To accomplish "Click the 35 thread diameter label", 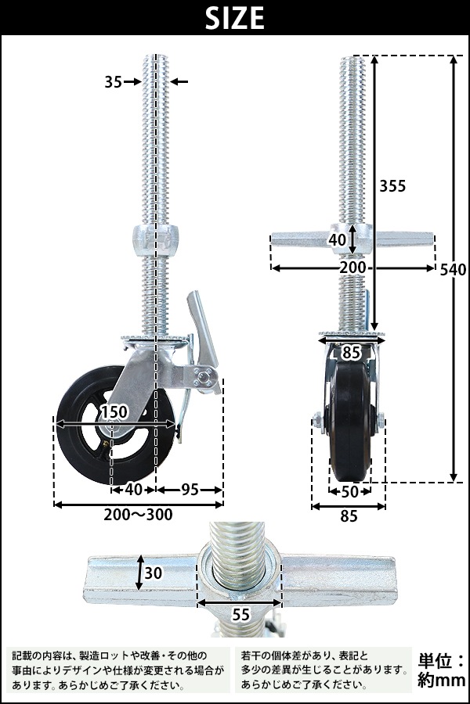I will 113,81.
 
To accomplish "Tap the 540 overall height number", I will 453,271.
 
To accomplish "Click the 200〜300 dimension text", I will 139,515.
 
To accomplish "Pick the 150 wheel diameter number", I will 114,412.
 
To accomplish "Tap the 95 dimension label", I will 189,490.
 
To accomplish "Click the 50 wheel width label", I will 349,491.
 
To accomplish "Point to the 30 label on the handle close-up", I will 154,573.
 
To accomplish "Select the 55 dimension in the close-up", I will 238,616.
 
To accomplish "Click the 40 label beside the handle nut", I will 337,240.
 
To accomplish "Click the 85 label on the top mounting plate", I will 350,353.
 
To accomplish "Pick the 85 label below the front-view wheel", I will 349,515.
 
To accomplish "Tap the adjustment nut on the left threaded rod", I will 155,236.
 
